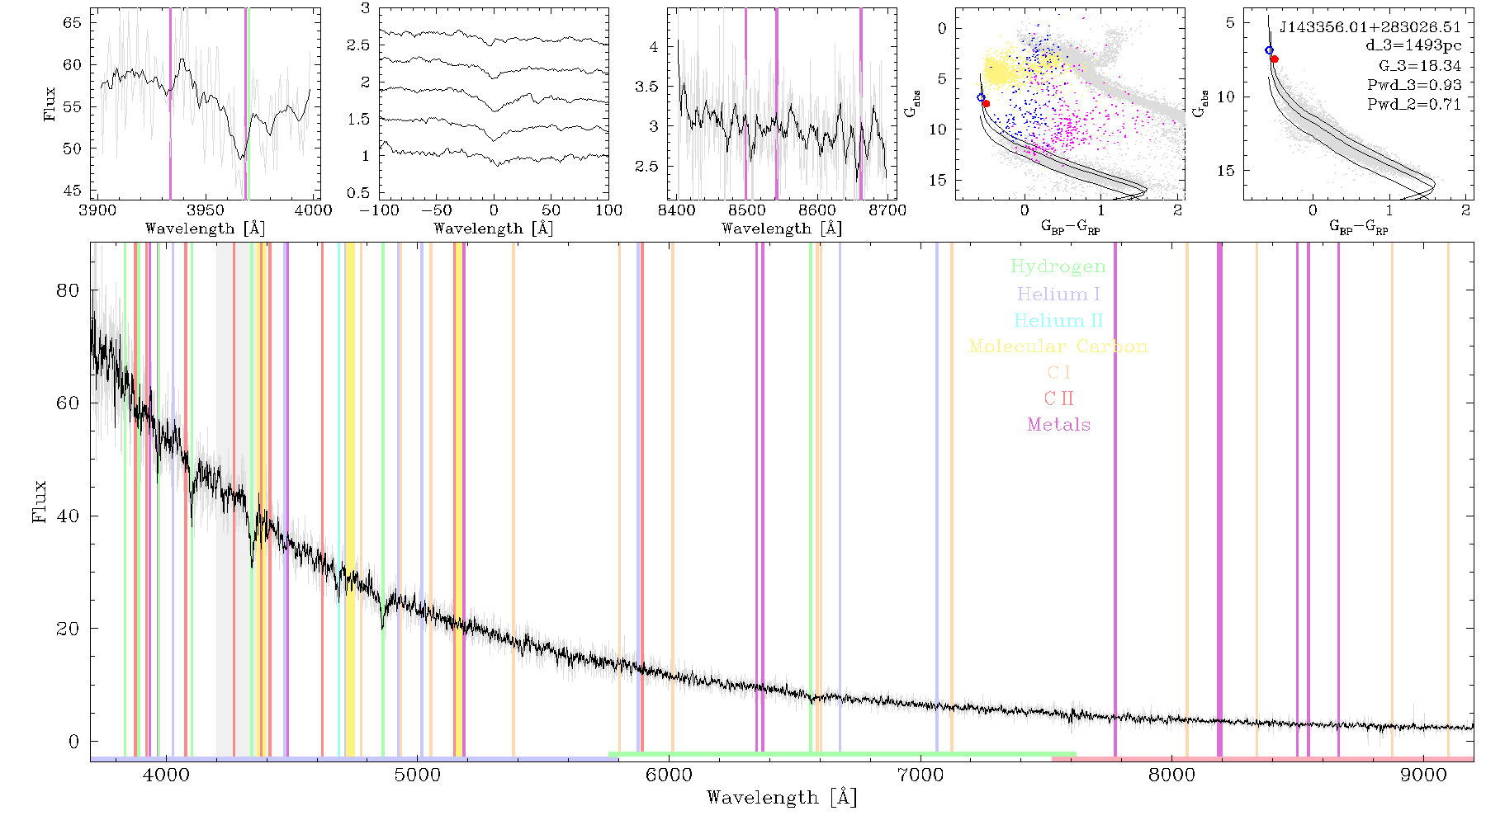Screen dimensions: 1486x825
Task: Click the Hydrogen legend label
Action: (x=1058, y=266)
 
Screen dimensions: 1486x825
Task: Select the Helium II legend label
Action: (x=1058, y=320)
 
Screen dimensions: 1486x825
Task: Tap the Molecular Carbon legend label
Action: (x=1058, y=346)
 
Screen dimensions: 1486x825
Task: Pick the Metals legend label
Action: (x=1059, y=425)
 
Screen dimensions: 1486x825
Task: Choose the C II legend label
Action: (x=1058, y=398)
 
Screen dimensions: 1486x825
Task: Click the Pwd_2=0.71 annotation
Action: (x=1414, y=105)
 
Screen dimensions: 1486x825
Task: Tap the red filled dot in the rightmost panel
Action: (x=1275, y=59)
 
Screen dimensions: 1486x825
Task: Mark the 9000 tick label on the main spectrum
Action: (x=1423, y=775)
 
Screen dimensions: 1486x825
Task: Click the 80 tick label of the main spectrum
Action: (x=69, y=290)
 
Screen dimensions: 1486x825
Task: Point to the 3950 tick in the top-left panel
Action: (x=206, y=210)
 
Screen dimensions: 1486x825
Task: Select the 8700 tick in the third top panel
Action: (x=887, y=210)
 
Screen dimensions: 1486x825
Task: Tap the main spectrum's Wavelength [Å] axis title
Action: (x=782, y=798)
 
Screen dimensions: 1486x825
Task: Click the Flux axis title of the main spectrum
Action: (x=39, y=502)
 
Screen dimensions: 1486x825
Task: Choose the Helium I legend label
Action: (x=1058, y=294)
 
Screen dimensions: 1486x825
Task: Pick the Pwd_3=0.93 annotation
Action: (x=1414, y=85)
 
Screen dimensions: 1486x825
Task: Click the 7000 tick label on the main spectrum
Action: (x=920, y=775)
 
